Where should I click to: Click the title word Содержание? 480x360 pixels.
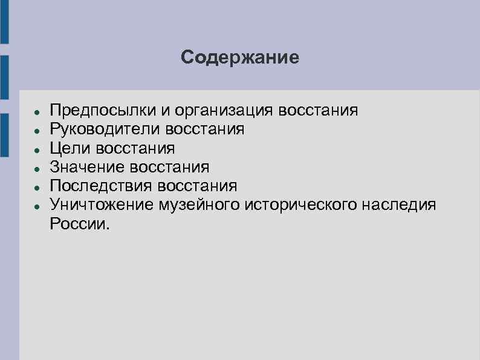[239, 57]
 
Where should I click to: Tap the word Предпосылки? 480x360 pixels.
[103, 111]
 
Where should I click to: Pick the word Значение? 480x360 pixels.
[85, 167]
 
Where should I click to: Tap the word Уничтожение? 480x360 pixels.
[102, 205]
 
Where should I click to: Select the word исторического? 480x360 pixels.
[303, 205]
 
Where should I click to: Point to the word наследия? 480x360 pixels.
[400, 205]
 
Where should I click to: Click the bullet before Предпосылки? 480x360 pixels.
[37, 113]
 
